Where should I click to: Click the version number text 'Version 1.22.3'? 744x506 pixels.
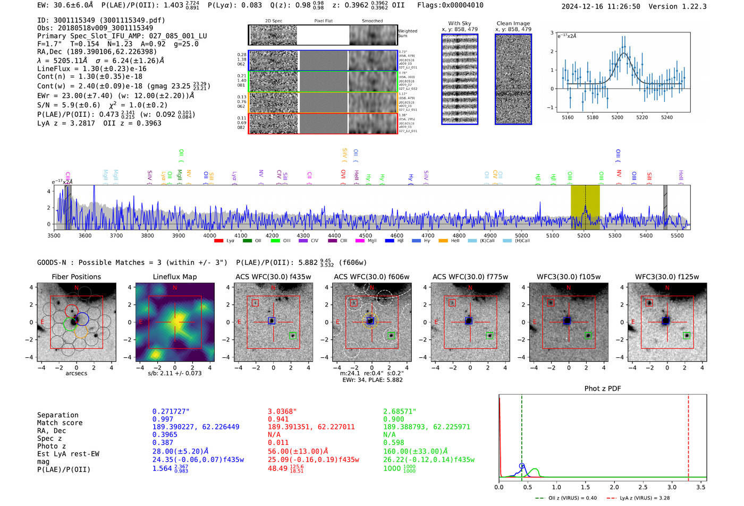point(678,6)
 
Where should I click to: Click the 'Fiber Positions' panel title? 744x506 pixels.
point(76,277)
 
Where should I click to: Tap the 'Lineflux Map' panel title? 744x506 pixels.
point(174,277)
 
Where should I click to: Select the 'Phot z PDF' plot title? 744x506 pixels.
point(602,388)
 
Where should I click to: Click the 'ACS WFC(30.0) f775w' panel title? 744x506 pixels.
point(470,277)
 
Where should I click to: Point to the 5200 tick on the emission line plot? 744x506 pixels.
point(617,117)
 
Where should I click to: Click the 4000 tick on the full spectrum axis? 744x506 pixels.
point(210,235)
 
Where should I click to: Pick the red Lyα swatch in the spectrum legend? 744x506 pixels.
point(218,241)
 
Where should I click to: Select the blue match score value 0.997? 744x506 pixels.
point(163,419)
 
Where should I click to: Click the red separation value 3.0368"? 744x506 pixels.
point(282,411)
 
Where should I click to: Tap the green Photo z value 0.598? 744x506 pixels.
point(393,442)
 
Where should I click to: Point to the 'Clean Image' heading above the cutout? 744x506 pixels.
point(513,23)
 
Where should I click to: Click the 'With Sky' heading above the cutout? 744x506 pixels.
point(459,23)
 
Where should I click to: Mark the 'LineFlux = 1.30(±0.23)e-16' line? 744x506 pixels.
point(91,68)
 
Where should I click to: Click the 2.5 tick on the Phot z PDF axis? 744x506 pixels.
point(643,487)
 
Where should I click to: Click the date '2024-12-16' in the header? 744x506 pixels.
point(582,6)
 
